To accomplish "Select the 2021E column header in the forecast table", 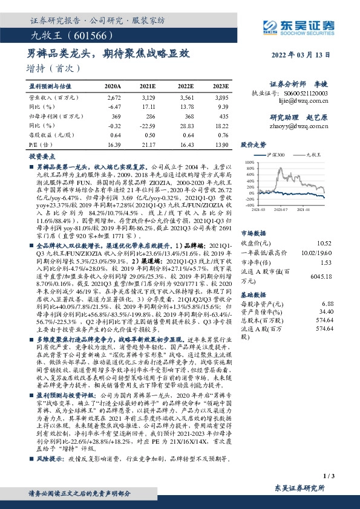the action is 147,86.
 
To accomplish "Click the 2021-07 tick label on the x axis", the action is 280,209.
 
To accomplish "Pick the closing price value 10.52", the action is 326,227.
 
